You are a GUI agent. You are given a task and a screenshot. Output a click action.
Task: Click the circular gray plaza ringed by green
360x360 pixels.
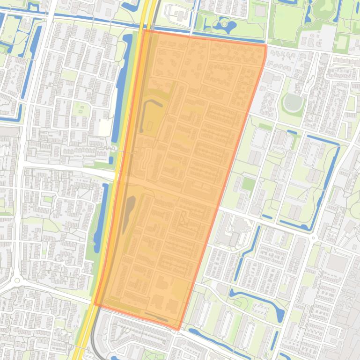[x=293, y=102]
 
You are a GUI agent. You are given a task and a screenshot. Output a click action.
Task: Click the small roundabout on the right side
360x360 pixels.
[x=313, y=238]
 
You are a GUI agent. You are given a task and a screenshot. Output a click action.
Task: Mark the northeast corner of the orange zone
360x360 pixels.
[x=265, y=45]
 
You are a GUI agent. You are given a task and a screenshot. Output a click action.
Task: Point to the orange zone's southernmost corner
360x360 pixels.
[x=178, y=330]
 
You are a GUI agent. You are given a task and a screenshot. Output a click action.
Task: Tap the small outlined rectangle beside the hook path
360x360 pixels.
[x=150, y=126]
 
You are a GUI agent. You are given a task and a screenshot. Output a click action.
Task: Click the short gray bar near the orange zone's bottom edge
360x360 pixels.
[x=156, y=317]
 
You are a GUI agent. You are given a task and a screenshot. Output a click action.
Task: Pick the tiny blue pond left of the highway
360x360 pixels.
[x=111, y=160]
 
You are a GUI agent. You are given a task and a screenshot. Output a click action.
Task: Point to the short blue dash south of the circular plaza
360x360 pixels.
[x=291, y=132]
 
